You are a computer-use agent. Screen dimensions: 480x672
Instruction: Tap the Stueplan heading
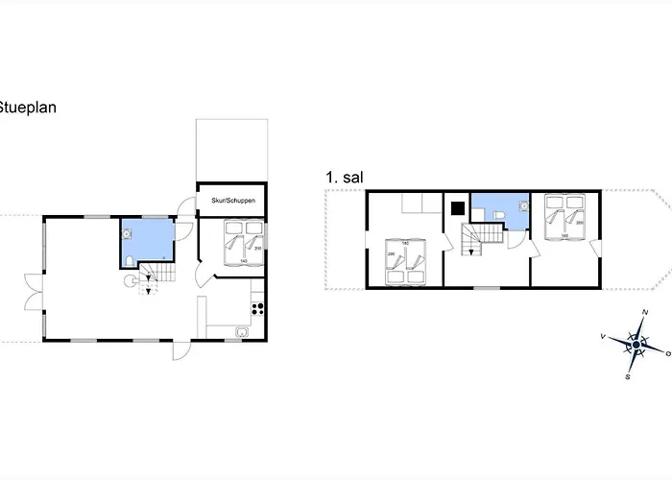28,108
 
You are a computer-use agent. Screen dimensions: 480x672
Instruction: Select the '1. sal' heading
344,178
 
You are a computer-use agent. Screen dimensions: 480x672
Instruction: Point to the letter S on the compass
628,376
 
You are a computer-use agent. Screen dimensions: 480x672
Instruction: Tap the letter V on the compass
603,336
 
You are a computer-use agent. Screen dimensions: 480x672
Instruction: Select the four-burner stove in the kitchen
256,309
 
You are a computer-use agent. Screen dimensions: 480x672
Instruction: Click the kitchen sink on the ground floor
243,332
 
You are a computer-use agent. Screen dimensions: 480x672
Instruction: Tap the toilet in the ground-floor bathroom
130,259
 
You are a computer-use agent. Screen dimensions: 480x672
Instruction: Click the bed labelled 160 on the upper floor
564,218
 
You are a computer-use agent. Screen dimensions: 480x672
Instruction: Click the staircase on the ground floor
150,279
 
